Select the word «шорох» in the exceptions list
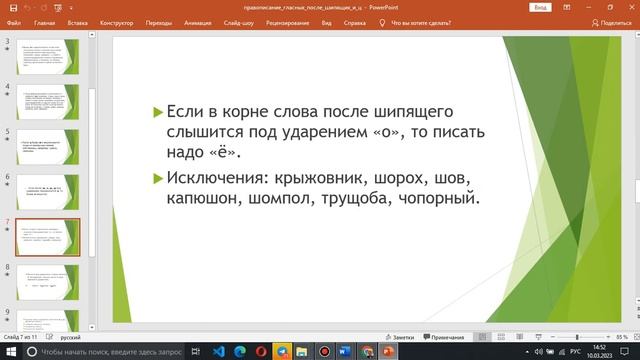[402, 180]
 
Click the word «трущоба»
[342, 200]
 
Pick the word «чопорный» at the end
[434, 200]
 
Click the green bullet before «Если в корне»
[156, 110]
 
